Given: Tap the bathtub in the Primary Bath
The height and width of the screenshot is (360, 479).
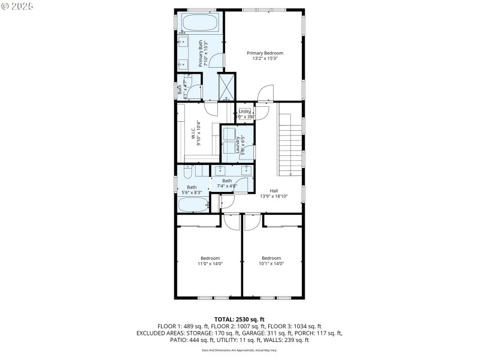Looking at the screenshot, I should [x=201, y=23].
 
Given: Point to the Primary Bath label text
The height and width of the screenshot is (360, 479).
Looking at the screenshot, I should [x=205, y=53].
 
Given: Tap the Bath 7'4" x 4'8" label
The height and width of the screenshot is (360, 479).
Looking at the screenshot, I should [x=227, y=184].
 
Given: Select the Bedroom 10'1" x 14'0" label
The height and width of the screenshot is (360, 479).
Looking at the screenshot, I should [x=271, y=260].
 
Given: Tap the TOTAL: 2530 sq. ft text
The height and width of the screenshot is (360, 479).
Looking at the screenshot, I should [x=239, y=319].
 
